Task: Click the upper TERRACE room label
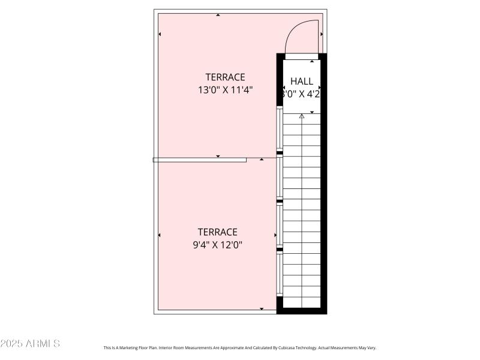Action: coord(225,77)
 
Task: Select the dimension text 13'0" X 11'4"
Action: coord(225,90)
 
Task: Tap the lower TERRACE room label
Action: coord(218,232)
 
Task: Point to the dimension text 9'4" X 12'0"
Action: coord(218,245)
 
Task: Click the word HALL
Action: coord(301,81)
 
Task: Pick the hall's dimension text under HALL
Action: coord(301,94)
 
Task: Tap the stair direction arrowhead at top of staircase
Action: coord(302,116)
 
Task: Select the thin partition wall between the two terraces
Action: coord(199,160)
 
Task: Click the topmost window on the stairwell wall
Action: coord(280,128)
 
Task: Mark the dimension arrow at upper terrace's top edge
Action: coord(218,15)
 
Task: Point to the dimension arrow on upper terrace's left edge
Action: coord(160,34)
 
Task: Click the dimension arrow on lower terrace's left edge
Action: coord(160,235)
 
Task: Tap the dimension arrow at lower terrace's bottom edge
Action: coord(262,308)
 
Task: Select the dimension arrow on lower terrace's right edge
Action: coord(275,235)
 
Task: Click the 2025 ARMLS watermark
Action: coord(30,344)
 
